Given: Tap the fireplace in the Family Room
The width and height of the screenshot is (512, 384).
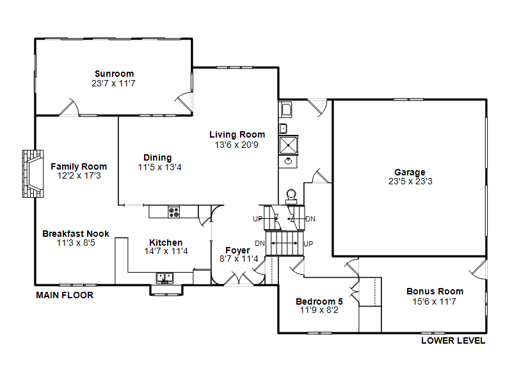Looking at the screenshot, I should tap(33, 173).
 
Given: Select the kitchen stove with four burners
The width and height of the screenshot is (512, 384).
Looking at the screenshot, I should tap(173, 211).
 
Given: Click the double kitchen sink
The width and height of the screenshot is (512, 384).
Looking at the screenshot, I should tap(165, 278).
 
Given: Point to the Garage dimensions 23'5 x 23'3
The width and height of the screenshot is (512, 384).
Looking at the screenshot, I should tap(410, 182).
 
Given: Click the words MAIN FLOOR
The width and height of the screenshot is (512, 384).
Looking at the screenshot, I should tap(64, 295).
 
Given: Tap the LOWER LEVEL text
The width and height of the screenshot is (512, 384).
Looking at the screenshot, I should tap(452, 340).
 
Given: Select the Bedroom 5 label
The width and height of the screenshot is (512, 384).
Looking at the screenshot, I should tap(319, 301).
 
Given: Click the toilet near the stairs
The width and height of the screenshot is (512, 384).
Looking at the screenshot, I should tap(291, 196).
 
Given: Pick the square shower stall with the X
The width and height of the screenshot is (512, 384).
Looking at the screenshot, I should tap(288, 145).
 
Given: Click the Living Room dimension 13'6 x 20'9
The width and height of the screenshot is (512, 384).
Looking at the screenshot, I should tap(237, 145).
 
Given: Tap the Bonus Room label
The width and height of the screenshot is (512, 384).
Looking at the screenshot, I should tap(435, 291).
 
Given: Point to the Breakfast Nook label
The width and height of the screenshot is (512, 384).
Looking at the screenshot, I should tap(76, 234).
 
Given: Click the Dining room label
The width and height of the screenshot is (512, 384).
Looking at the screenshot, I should tap(157, 157).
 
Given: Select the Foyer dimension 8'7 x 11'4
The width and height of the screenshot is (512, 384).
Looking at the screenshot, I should tap(237, 259).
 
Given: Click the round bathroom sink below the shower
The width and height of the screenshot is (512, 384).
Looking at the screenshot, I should tap(289, 161).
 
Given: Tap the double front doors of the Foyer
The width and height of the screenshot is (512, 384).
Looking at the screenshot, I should tap(238, 279).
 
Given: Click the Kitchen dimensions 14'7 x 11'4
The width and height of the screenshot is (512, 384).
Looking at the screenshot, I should tap(166, 252).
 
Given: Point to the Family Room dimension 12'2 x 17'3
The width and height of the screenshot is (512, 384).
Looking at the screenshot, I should tap(79, 175).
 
